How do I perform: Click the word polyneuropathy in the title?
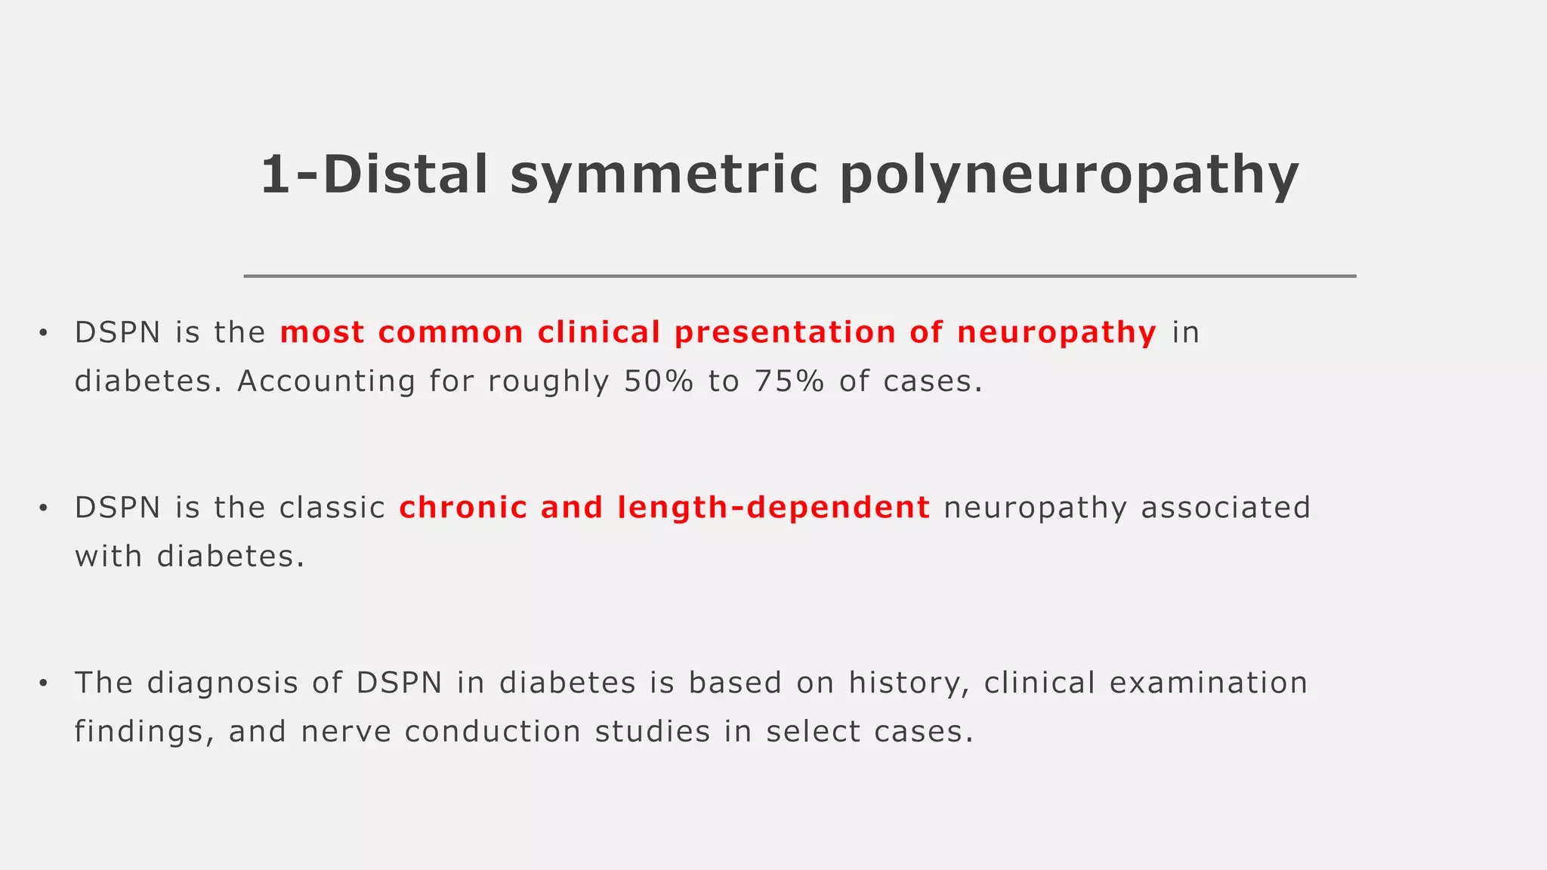[1069, 175]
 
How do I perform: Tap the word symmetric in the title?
[664, 175]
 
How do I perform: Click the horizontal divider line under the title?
[799, 276]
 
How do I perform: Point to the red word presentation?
[785, 333]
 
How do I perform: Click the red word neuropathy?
[1057, 333]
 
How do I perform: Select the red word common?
[451, 333]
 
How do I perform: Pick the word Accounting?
[326, 381]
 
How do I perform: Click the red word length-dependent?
[773, 507]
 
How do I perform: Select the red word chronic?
[463, 507]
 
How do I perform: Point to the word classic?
[332, 507]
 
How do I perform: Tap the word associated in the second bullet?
[1225, 507]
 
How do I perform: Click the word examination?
[1209, 683]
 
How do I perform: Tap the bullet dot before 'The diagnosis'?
[44, 683]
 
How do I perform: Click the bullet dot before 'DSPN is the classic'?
[44, 508]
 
